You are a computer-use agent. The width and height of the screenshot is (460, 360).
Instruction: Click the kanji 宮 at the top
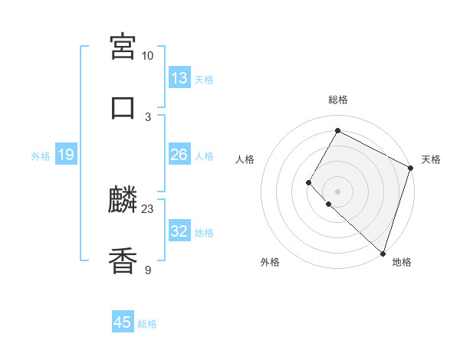tap(123, 47)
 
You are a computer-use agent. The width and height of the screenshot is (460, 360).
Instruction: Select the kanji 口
tap(123, 108)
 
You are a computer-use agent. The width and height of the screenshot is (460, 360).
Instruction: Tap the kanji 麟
tap(123, 201)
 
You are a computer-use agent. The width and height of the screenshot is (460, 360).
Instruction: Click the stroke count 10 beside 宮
tap(147, 55)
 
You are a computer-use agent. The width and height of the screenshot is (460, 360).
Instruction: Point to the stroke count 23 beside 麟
tap(148, 208)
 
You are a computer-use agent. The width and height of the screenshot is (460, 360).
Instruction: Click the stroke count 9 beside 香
tap(148, 270)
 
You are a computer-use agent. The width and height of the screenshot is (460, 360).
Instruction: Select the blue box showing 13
tap(179, 78)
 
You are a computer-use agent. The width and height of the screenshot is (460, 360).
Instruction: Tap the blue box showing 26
tap(179, 155)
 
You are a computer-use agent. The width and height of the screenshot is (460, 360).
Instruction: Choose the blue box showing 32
tap(179, 231)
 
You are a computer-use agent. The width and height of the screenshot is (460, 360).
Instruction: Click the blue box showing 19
tap(66, 155)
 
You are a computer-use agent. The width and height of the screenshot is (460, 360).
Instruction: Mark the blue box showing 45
tap(123, 322)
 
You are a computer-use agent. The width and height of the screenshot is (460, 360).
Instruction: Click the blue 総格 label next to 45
tap(147, 324)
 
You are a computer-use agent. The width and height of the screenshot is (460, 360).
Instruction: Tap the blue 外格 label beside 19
tap(41, 156)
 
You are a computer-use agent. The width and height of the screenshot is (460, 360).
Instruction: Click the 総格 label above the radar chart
tap(338, 100)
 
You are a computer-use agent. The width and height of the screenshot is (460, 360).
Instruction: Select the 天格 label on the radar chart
tap(431, 159)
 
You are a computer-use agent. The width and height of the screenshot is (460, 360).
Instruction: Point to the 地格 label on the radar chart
tap(402, 262)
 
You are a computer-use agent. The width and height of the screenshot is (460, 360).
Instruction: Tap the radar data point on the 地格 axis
tap(383, 253)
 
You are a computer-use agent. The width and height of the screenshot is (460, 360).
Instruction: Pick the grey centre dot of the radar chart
tap(338, 191)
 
